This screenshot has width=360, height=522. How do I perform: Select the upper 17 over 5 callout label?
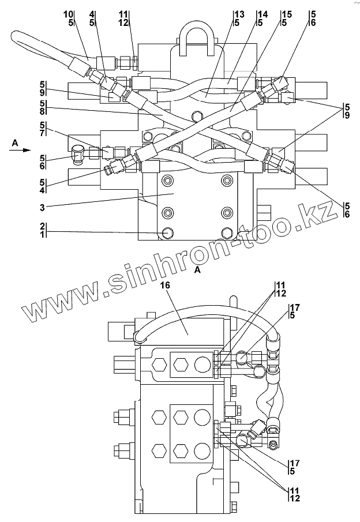pos(295,311)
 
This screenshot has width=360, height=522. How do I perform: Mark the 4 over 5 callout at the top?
pos(92,17)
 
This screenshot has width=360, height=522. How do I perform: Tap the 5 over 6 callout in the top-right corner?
pos(312,17)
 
